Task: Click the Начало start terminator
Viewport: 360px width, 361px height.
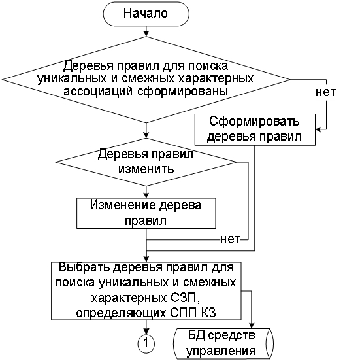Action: click(x=146, y=14)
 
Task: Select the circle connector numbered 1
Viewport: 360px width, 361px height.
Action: click(x=146, y=343)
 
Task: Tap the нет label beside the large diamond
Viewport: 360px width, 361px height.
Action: click(x=326, y=92)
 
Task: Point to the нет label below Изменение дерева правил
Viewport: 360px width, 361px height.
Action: click(x=230, y=239)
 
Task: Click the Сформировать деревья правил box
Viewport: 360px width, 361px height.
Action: click(x=255, y=129)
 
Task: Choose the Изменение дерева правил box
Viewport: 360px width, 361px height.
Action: click(x=146, y=213)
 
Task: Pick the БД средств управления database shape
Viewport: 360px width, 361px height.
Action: click(x=223, y=343)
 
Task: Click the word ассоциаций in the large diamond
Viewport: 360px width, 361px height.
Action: click(x=98, y=92)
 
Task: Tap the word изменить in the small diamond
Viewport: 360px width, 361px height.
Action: click(x=146, y=169)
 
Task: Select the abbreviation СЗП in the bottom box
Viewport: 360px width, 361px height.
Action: click(x=184, y=298)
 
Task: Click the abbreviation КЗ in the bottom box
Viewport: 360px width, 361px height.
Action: click(x=209, y=313)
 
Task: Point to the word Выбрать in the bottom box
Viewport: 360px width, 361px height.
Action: click(x=84, y=267)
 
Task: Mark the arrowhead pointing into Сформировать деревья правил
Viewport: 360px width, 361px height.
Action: click(x=318, y=129)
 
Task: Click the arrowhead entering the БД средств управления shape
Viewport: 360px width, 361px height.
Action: click(x=252, y=326)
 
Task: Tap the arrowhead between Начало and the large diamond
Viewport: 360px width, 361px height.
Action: click(x=146, y=34)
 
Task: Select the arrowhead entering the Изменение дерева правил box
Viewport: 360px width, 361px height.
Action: click(x=146, y=195)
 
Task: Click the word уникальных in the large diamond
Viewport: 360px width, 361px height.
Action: click(x=72, y=78)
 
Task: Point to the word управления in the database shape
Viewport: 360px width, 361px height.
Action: click(x=221, y=352)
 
